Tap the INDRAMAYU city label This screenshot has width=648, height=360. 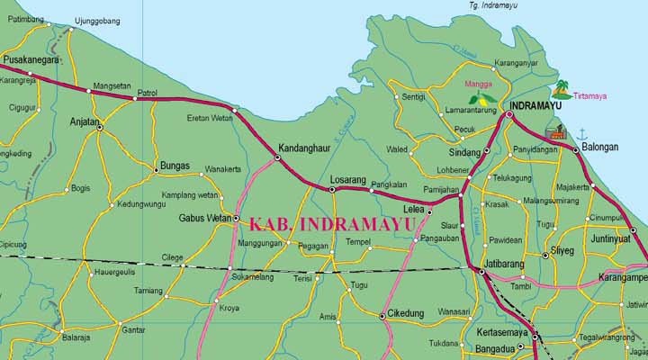[535, 105]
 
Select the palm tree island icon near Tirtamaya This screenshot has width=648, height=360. [562, 88]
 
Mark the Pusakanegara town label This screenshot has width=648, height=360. [31, 60]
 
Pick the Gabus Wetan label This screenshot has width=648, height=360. [205, 218]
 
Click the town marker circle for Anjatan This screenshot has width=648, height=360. [99, 128]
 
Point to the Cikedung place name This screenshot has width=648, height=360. [405, 313]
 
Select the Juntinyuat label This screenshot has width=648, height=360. [611, 239]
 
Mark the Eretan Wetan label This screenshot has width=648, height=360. [208, 119]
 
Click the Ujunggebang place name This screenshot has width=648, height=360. [98, 19]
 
